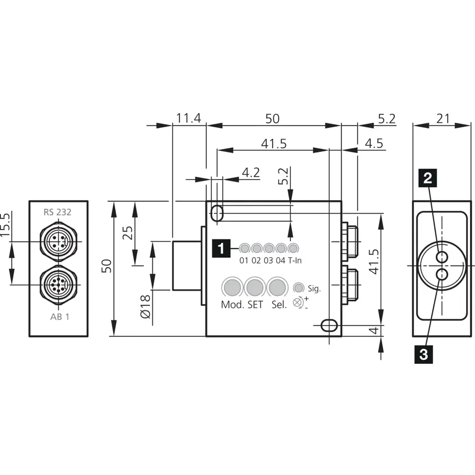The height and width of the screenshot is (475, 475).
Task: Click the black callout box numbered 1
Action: coord(221,248)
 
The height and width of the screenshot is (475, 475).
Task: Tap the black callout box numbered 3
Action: coord(424,354)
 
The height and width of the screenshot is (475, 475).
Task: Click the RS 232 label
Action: coord(57,212)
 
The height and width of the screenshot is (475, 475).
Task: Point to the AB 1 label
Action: coord(60,317)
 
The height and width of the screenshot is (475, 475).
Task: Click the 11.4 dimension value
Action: coord(189,118)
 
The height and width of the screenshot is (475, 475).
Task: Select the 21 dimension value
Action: coord(443,118)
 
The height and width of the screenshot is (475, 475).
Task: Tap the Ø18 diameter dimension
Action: coord(145,306)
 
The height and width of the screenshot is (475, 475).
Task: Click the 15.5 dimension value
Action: coord(5,225)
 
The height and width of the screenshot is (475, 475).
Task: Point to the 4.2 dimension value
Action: coord(251,172)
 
